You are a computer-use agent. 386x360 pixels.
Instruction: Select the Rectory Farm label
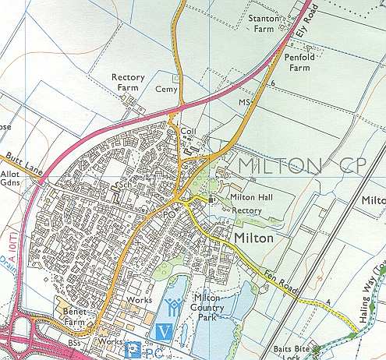129,83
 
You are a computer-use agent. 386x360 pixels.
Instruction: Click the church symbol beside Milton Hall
211,199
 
